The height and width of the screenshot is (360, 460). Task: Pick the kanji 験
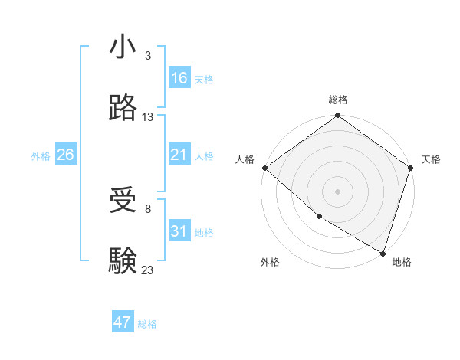123,260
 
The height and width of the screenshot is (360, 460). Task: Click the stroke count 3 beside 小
147,56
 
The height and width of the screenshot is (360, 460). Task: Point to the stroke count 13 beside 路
148,117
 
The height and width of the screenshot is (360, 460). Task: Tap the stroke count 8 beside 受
147,209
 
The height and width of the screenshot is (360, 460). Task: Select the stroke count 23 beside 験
148,270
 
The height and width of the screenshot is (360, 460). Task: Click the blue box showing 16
179,78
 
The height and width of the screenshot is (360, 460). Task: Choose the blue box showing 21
179,155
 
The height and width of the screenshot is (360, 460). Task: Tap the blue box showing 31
179,231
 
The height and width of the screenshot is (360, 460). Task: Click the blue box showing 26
65,155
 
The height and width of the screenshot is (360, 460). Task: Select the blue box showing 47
123,322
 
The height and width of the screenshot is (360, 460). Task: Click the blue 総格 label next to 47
147,324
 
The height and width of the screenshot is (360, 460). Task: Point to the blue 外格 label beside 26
41,156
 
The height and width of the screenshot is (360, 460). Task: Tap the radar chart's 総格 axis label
338,100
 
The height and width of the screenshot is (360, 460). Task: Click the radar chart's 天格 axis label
431,159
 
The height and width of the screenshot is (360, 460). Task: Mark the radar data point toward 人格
264,168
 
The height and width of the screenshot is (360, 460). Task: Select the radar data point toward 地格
383,252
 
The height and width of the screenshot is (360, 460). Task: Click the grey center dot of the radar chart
337,191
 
